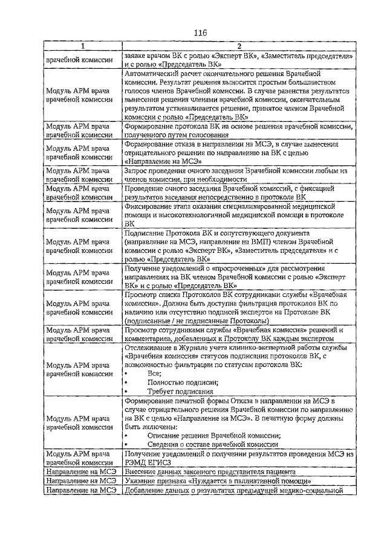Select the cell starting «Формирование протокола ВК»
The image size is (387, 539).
click(x=238, y=132)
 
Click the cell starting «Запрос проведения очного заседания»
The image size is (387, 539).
click(x=238, y=175)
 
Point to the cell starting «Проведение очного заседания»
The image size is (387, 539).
click(x=238, y=193)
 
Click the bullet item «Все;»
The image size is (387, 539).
click(x=154, y=374)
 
